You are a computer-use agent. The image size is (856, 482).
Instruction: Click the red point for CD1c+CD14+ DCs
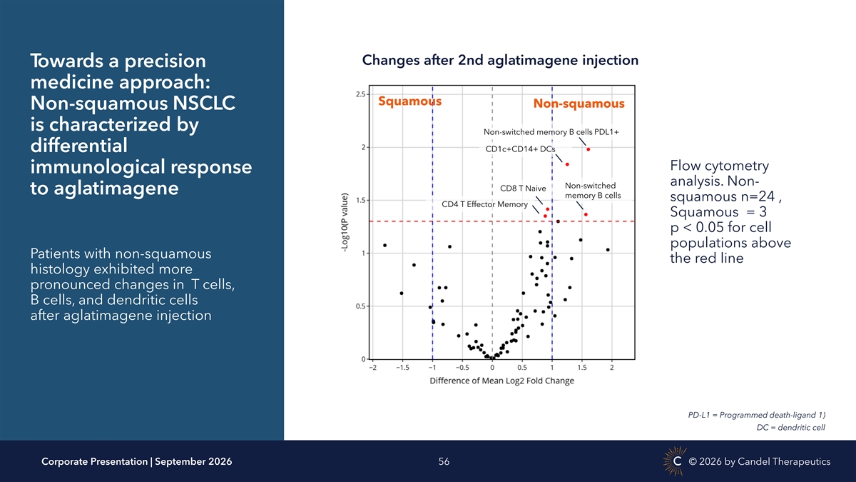[567, 164]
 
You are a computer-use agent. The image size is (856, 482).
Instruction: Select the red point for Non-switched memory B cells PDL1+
[588, 149]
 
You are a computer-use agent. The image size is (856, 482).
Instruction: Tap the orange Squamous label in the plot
[409, 101]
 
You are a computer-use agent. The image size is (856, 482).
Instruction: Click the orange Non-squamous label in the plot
[579, 104]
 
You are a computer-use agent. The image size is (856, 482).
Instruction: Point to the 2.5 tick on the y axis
[360, 94]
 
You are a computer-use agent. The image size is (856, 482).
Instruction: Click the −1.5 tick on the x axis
[402, 368]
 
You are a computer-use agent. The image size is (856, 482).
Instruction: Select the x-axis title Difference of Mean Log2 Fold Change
[501, 381]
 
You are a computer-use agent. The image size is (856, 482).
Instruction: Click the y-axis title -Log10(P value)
[345, 222]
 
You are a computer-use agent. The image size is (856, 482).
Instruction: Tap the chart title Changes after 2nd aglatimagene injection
[500, 60]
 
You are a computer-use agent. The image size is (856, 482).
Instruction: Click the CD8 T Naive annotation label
[523, 189]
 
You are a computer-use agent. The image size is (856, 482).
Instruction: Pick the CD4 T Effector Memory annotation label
[484, 204]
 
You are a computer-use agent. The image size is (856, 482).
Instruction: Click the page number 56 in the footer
[444, 462]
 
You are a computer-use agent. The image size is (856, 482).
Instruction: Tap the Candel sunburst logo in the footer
[676, 461]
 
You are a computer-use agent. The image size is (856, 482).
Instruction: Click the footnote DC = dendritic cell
[790, 427]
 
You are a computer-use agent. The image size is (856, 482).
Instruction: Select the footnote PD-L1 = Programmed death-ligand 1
[757, 415]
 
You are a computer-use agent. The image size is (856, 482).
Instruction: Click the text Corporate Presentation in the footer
[94, 462]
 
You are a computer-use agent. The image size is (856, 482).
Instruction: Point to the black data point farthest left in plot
[384, 245]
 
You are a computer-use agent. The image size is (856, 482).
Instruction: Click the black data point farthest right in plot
[608, 250]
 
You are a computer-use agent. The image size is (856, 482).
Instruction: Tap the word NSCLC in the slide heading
[204, 104]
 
